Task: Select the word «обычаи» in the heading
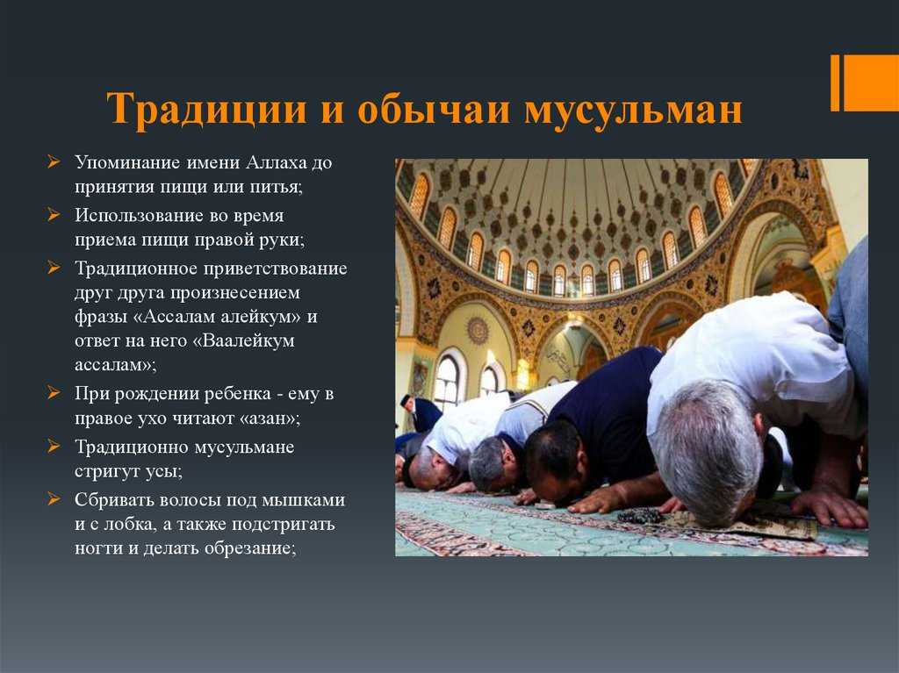pos(434,108)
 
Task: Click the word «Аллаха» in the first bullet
pos(277,163)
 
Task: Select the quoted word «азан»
pos(269,419)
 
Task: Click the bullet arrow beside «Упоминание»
pos(54,162)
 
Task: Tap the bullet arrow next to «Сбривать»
pos(54,499)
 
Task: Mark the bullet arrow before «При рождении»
pos(54,393)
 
